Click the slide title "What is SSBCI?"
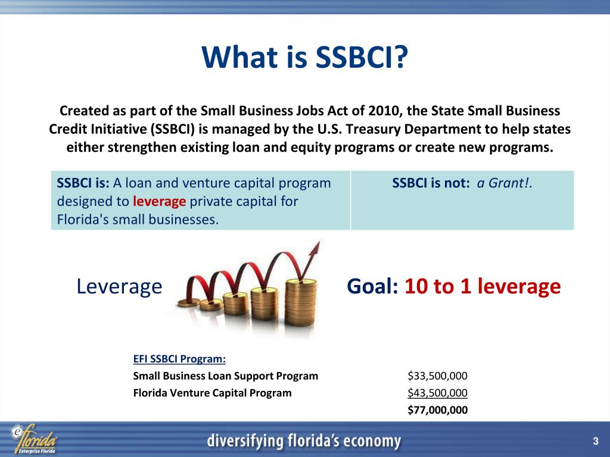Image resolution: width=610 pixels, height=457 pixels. (304, 58)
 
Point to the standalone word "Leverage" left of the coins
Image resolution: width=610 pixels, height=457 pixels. (119, 287)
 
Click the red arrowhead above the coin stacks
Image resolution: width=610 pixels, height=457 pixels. (313, 249)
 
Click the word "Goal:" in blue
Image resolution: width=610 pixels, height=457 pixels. (372, 287)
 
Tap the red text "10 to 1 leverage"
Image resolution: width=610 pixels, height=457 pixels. (483, 287)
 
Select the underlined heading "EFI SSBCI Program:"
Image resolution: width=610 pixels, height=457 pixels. (179, 359)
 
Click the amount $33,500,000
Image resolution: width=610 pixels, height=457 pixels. (437, 376)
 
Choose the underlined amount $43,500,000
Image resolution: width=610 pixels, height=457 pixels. (437, 393)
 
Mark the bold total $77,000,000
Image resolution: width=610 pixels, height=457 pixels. (437, 410)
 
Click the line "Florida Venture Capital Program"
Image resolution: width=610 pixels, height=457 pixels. (212, 393)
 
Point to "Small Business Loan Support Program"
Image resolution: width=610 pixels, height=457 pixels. (225, 376)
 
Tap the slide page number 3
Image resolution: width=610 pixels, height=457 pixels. (595, 441)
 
